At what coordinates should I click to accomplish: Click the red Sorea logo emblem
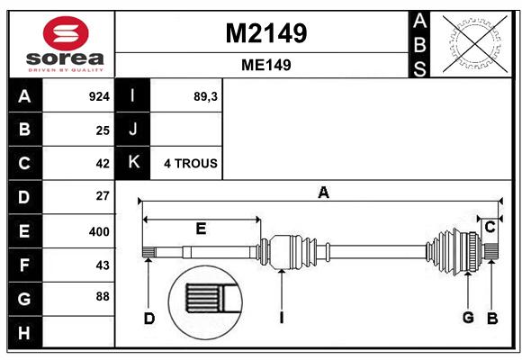pos(66,33)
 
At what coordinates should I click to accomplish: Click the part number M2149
pos(266,33)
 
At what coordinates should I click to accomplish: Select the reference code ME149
pos(266,65)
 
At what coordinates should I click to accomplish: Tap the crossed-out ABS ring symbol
pos(475,44)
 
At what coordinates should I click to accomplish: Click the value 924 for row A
pos(99,96)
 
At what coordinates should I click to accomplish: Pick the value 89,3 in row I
pos(205,96)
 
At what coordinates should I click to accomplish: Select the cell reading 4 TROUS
pos(191,164)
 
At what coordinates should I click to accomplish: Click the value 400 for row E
pos(99,231)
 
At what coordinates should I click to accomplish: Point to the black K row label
pos(133,163)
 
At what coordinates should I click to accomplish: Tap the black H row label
pos(25,332)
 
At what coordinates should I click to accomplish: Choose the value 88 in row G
pos(103,296)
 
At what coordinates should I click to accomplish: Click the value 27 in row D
pos(103,196)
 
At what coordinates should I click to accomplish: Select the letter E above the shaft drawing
pos(201,229)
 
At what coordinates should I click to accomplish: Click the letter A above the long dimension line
pos(323,193)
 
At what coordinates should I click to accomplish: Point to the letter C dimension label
pos(490,228)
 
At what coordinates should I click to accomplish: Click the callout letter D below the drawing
pos(149,319)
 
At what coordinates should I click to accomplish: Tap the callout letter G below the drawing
pos(468,318)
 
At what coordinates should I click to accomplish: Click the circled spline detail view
pos(205,302)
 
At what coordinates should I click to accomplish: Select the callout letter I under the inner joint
pos(282,318)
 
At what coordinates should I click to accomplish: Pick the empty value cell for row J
pos(186,130)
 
